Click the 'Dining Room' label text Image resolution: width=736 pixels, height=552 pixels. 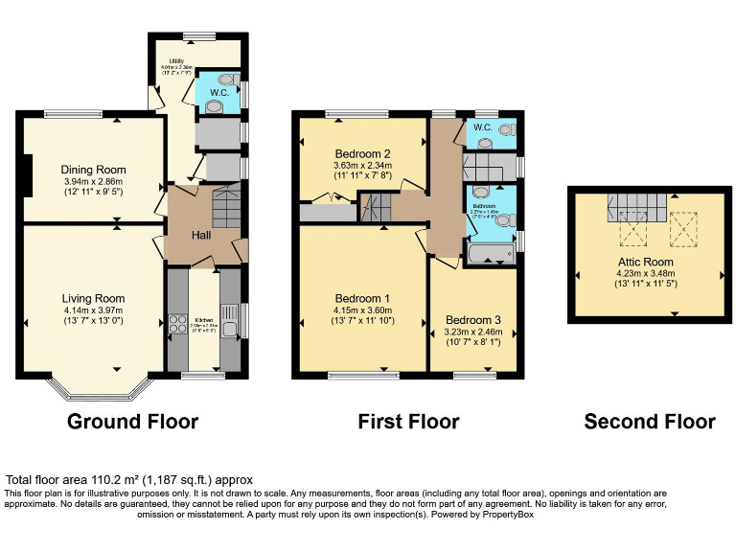tap(94, 170)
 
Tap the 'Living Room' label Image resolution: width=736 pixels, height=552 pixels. tap(94, 298)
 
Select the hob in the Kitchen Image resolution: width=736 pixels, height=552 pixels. tap(176, 324)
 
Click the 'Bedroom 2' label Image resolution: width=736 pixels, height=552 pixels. tap(362, 154)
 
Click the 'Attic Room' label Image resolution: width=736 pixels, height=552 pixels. tap(645, 262)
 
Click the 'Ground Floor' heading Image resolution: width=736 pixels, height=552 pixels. tap(132, 422)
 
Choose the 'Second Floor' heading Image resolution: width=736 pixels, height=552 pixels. tap(649, 422)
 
